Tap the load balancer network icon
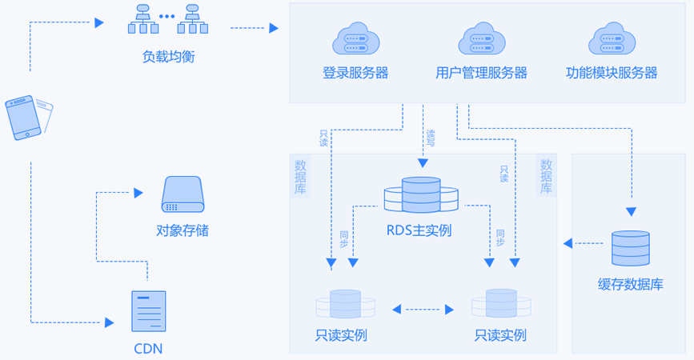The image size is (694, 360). [167, 20]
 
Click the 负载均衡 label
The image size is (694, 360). [168, 57]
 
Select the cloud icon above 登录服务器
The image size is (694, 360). [355, 40]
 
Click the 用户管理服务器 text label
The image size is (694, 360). [481, 73]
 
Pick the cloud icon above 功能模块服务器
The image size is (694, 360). [612, 40]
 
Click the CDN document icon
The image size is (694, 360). [148, 311]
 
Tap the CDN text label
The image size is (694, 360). [148, 348]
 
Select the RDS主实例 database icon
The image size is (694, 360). [421, 196]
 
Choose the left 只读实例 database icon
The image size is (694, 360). [345, 305]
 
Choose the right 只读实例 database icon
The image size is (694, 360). [500, 305]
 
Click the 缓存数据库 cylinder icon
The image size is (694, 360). [630, 249]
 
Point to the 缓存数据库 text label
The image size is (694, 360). [630, 285]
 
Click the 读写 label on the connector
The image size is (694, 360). [431, 138]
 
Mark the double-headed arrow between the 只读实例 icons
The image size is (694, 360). [423, 308]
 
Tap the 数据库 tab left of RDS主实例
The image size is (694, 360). [301, 177]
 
